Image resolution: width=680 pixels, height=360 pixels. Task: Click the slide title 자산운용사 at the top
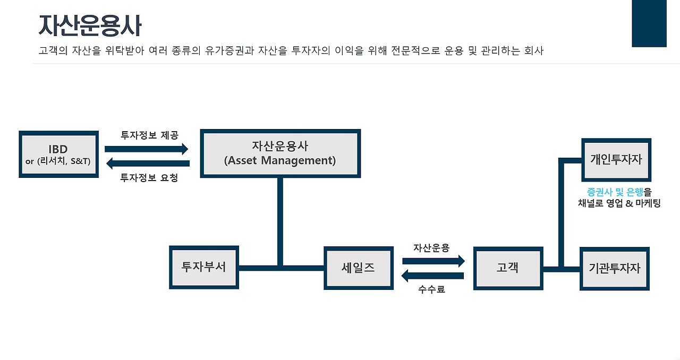click(90, 26)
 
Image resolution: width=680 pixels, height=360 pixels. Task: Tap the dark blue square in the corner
click(649, 24)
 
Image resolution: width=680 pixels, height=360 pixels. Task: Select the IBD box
click(58, 154)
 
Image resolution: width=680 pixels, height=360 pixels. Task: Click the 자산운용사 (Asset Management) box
click(280, 153)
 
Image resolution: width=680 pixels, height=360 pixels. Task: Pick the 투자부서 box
click(203, 268)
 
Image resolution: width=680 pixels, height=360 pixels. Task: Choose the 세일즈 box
click(359, 268)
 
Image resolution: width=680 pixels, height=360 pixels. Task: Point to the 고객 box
click(508, 268)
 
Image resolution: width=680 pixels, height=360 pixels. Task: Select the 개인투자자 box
click(616, 159)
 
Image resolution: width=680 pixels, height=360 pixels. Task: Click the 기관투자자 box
click(615, 268)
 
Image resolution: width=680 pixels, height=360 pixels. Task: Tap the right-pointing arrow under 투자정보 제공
click(147, 149)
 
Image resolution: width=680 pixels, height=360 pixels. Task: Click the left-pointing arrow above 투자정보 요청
click(147, 163)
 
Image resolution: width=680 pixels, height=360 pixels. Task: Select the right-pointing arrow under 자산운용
click(433, 261)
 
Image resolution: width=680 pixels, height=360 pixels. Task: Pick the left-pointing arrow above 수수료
click(432, 276)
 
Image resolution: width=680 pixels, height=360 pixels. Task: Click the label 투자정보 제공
click(149, 135)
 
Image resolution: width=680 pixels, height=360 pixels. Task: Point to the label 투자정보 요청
click(149, 178)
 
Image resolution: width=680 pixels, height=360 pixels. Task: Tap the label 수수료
click(431, 290)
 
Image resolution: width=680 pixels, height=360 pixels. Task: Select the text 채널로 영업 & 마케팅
click(619, 203)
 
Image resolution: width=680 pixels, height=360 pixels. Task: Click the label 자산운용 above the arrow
click(431, 247)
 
